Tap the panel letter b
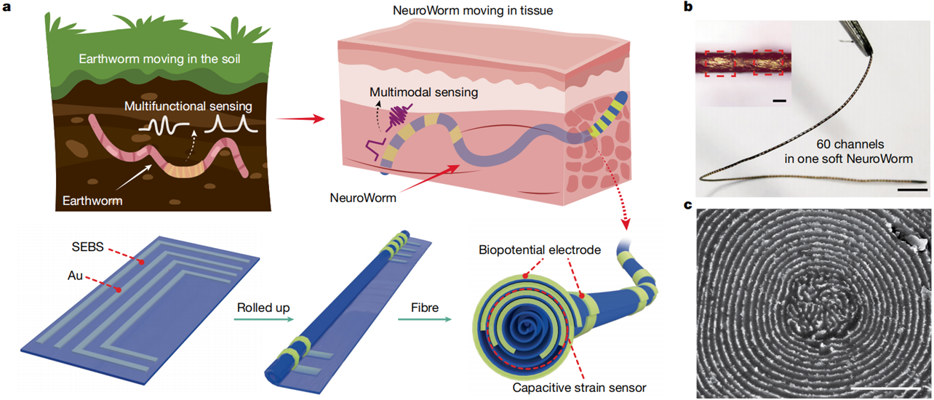tap(688, 9)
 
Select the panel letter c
tap(688, 206)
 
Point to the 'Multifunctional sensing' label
tap(199, 106)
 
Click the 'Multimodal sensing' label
tap(413, 92)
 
